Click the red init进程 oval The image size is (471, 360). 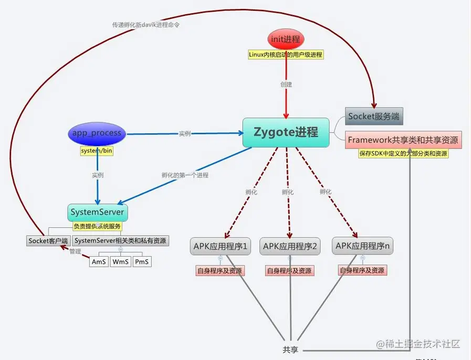pyautogui.click(x=286, y=39)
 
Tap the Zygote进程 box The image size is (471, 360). pyautogui.click(x=286, y=132)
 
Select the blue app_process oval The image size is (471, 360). pyautogui.click(x=98, y=133)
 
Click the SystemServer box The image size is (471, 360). pyautogui.click(x=98, y=213)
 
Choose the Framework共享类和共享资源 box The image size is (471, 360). pyautogui.click(x=403, y=140)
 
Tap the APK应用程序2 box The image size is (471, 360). pyautogui.click(x=290, y=246)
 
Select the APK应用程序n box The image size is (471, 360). pyautogui.click(x=362, y=246)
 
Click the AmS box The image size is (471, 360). pyautogui.click(x=99, y=261)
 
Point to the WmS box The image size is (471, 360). pyautogui.click(x=120, y=261)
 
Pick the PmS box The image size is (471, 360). pyautogui.click(x=141, y=261)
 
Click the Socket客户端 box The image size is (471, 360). pyautogui.click(x=48, y=240)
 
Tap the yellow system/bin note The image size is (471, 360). pyautogui.click(x=97, y=151)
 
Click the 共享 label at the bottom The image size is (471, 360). pyautogui.click(x=290, y=350)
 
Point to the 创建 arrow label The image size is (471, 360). pyautogui.click(x=286, y=83)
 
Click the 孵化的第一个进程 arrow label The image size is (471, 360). pyautogui.click(x=185, y=175)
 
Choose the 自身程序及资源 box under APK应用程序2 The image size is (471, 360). pyautogui.click(x=289, y=271)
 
